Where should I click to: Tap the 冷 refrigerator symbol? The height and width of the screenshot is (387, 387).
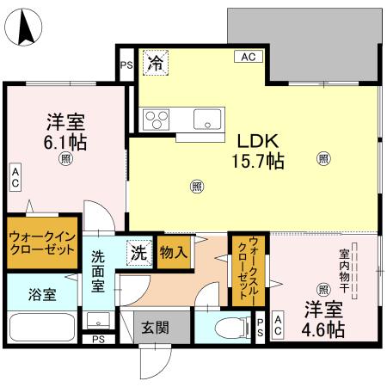point(155,61)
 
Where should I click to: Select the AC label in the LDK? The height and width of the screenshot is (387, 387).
point(249,58)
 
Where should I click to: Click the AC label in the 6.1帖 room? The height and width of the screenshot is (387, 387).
point(15,178)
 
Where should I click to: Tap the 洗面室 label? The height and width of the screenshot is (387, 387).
point(101,268)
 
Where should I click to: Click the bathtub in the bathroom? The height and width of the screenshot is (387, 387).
point(42,329)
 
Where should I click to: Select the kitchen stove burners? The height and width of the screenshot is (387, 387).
point(158,117)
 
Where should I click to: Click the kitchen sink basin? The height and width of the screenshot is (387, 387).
point(209,118)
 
